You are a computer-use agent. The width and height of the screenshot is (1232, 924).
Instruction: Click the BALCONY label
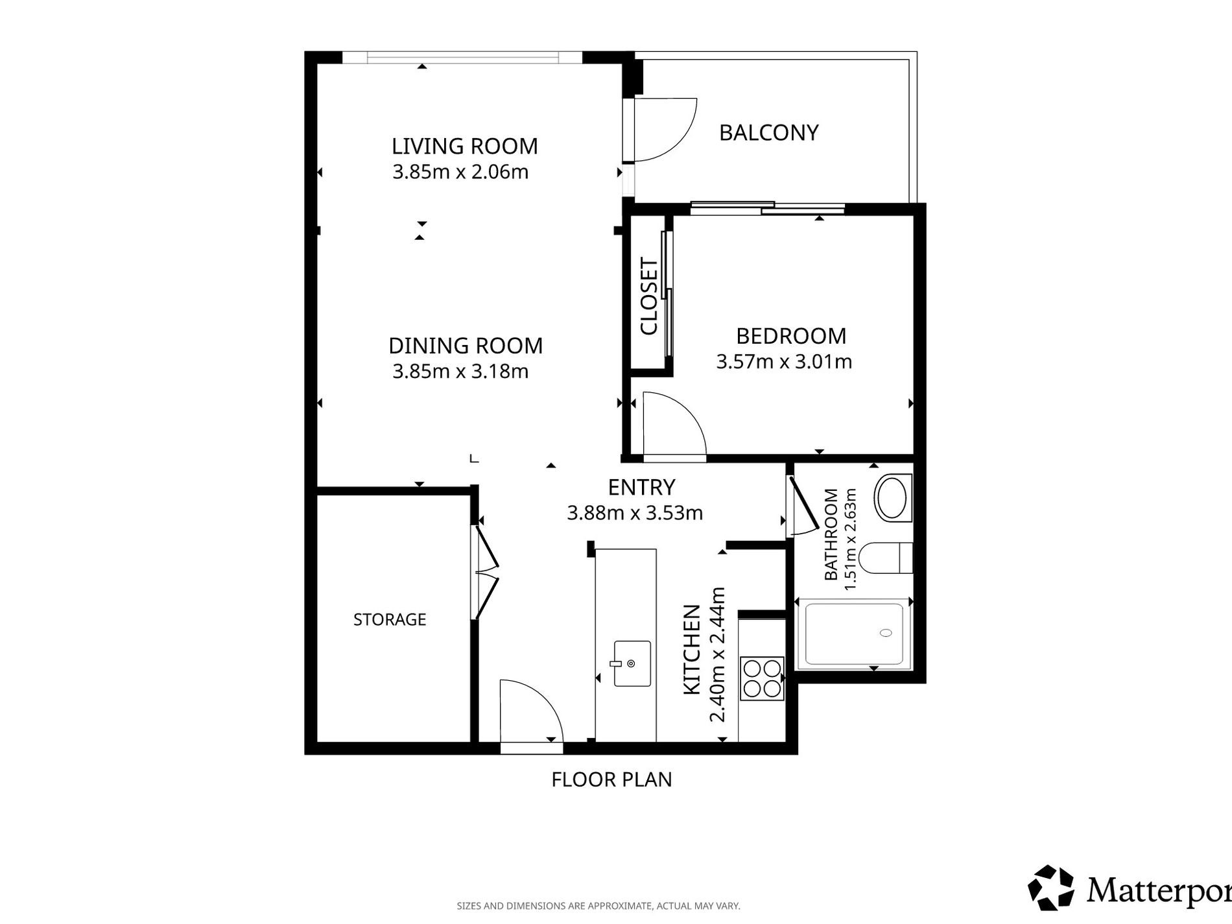[x=768, y=133]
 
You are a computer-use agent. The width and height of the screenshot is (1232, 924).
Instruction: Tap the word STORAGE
[x=390, y=620]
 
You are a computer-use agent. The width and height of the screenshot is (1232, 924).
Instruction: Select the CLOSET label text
[x=649, y=296]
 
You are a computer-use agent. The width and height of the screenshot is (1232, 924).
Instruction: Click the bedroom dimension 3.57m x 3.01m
[x=784, y=362]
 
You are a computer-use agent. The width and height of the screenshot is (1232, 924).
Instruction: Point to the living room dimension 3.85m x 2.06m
[x=460, y=172]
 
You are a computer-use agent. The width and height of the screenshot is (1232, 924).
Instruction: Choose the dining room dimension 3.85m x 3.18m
[x=460, y=372]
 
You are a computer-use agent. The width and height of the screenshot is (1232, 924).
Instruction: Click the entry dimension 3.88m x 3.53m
[x=635, y=514]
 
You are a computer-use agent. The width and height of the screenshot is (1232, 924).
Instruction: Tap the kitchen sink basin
[x=632, y=663]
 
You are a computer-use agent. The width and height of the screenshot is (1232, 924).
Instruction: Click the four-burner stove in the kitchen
[x=763, y=679]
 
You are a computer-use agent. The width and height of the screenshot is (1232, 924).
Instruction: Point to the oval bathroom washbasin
[x=892, y=498]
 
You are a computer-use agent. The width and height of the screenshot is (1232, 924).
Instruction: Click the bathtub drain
[x=885, y=633]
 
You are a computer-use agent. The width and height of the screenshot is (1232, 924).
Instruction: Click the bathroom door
[x=803, y=506]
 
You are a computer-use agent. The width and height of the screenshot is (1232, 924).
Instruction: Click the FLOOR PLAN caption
[x=611, y=779]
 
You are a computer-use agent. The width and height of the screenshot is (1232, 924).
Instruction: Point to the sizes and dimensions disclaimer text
[x=598, y=906]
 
